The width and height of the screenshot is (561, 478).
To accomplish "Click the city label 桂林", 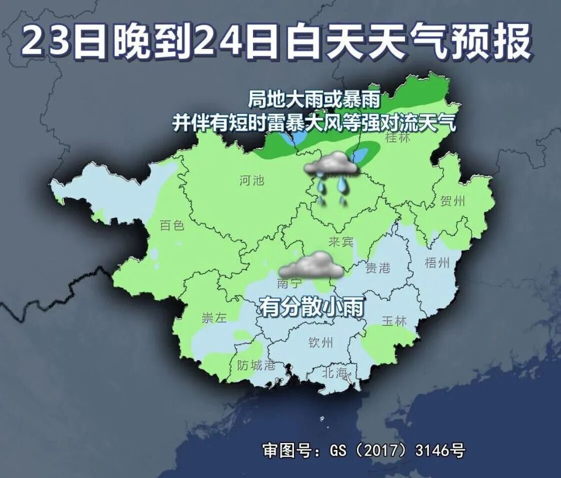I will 398,138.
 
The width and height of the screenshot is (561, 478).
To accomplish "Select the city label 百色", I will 172,225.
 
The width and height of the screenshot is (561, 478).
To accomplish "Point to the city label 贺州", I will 453,202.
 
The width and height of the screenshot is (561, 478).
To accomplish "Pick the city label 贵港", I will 378,268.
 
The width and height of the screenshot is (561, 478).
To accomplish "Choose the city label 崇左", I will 214,318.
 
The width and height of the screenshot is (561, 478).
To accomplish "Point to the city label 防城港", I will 256,366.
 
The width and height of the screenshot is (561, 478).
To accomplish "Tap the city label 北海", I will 334,372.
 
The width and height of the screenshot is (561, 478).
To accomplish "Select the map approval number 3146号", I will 439,451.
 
